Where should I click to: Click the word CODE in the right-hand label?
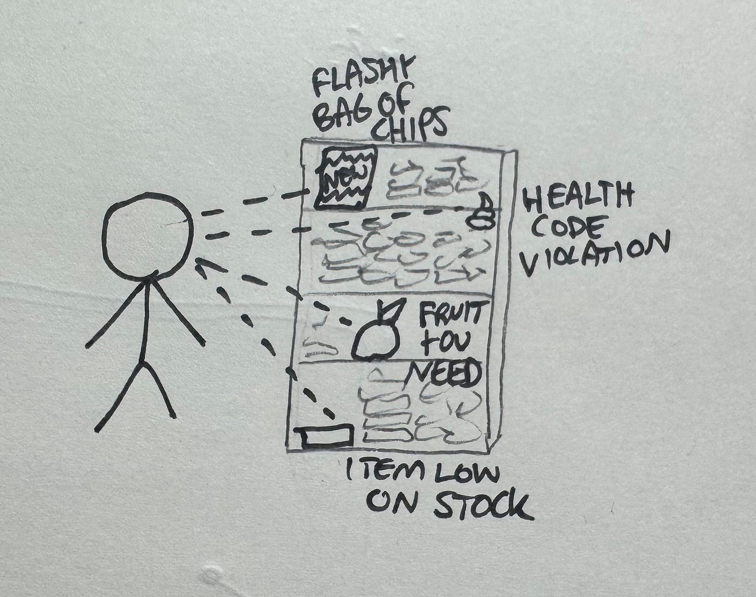(569, 227)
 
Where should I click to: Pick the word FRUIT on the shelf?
(450, 314)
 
